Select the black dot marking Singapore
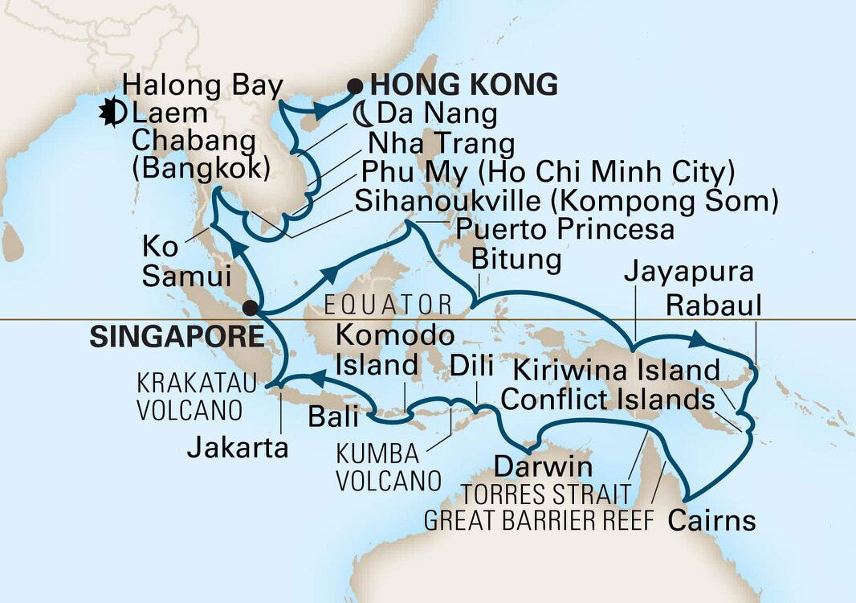coord(251,307)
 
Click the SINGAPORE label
coord(177,337)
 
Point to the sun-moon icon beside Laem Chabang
coord(112,114)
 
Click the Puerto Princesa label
coord(565,230)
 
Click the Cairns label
coord(711,520)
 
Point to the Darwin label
coord(544,466)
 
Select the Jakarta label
coord(238,447)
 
